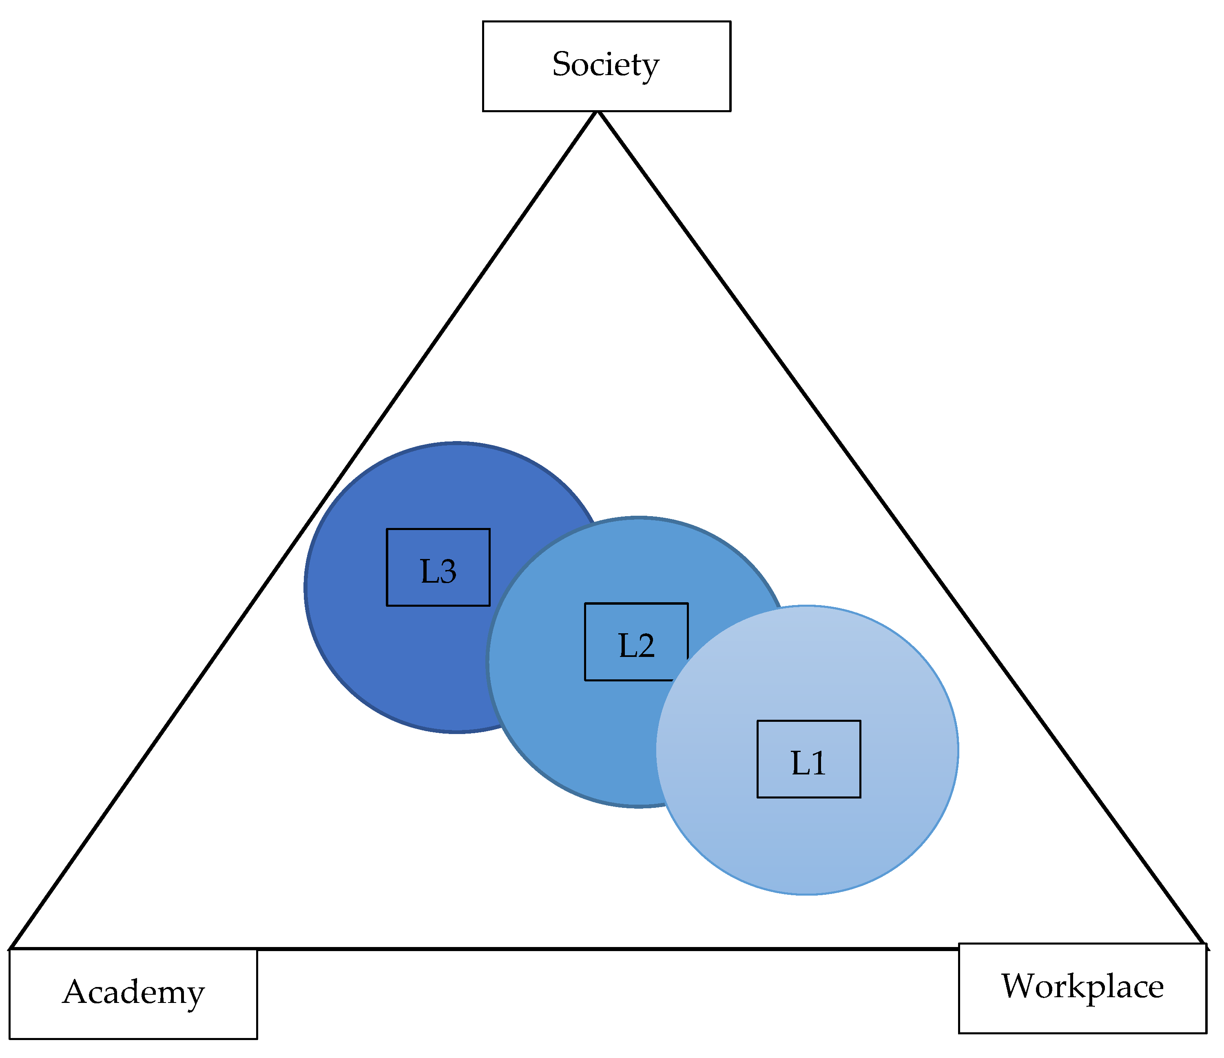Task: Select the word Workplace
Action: point(1082,987)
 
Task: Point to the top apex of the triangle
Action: point(598,112)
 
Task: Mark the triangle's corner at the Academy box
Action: point(11,949)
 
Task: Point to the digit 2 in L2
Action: point(646,646)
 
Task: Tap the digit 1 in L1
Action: point(818,764)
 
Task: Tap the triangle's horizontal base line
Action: point(591,949)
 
